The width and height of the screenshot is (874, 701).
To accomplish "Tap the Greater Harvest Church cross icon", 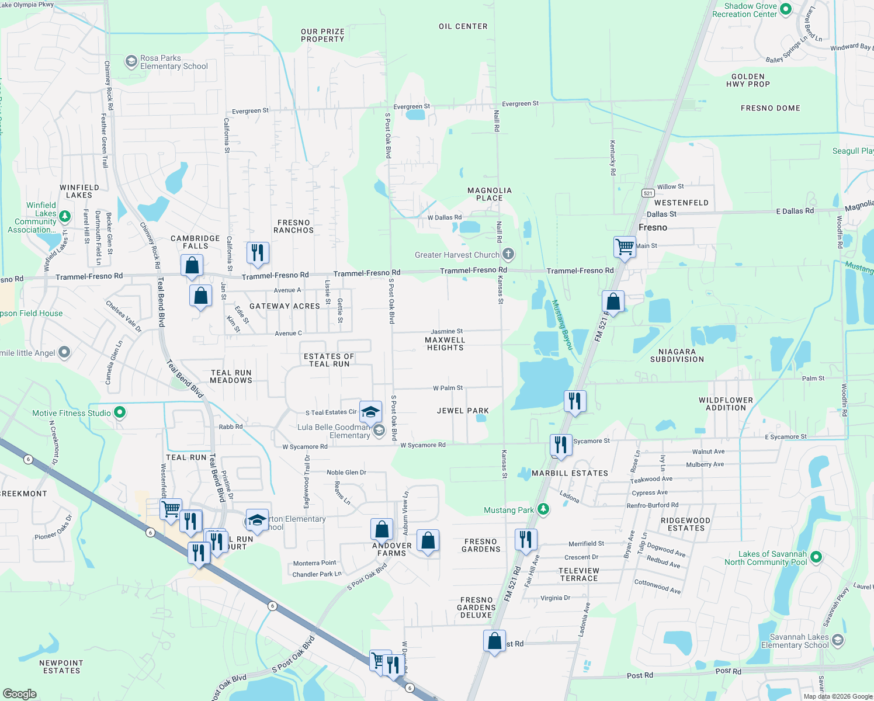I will click(x=508, y=254).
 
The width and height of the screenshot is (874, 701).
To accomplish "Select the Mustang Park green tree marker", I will click(x=543, y=509).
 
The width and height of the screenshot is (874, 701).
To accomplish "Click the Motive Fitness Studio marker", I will click(x=120, y=412).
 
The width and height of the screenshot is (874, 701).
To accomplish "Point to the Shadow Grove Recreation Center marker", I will click(x=786, y=9).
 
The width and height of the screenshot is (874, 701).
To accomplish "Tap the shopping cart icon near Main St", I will click(x=625, y=247).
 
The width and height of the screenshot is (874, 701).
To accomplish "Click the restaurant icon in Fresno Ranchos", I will click(x=258, y=252).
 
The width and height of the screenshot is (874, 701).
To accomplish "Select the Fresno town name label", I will click(x=653, y=227).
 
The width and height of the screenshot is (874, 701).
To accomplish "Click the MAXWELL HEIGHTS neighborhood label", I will click(x=445, y=343).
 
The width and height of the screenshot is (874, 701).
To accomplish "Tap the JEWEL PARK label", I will click(x=463, y=411).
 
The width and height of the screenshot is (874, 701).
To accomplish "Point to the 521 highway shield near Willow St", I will click(x=647, y=193).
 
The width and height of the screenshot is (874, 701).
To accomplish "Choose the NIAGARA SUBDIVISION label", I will click(x=677, y=355).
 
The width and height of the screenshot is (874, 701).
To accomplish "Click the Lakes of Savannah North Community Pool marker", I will click(x=816, y=557).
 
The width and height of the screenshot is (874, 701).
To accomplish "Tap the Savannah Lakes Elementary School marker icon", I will click(x=837, y=640).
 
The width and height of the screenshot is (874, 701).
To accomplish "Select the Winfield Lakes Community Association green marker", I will click(x=65, y=216).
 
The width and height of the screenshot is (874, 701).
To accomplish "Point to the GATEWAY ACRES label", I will click(x=285, y=306).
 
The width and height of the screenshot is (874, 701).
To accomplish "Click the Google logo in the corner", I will click(x=20, y=693).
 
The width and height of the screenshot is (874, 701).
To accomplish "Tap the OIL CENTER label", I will click(x=463, y=26).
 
